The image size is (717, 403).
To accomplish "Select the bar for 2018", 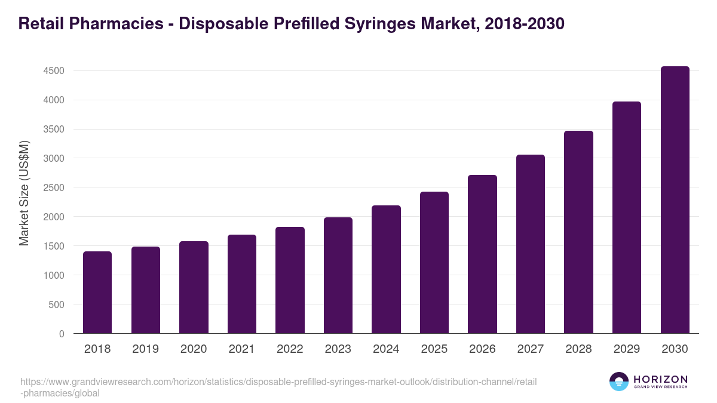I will pos(97,293).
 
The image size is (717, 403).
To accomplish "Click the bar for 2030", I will pos(675,200).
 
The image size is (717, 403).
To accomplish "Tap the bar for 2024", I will pos(386,269).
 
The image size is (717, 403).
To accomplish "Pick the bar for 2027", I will pos(531,244).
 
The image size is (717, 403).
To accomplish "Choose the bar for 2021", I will pos(242,284).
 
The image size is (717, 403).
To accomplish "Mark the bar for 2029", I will pos(627,217).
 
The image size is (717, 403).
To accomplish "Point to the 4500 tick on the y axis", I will pos(54,71).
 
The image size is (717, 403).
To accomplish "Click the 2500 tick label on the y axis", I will pos(54,187).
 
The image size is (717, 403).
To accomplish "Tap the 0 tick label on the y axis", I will pos(62,334).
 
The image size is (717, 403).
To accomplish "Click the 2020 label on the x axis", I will pos(194,349).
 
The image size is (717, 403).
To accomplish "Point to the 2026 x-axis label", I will pos(482,349).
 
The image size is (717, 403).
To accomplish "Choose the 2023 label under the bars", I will pos(338,349).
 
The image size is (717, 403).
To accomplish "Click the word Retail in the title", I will pos(41,24).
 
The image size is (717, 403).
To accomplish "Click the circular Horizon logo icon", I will pos(619,382).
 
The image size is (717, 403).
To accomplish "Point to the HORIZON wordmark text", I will pos(660,379).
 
